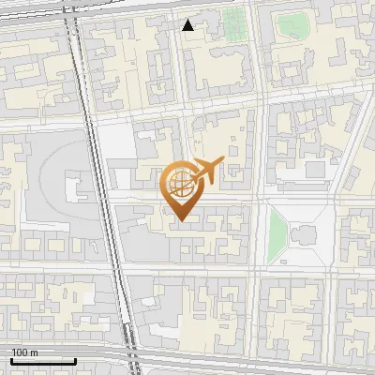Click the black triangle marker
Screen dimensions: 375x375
188,25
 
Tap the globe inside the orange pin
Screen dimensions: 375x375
179,184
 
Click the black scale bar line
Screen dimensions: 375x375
43,361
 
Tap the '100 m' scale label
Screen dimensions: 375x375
25,352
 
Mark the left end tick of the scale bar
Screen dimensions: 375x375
11,359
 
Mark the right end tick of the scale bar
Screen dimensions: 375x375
75,359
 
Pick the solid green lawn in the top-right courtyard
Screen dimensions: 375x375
292,25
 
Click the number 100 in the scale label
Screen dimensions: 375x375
21,352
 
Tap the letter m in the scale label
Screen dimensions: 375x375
35,352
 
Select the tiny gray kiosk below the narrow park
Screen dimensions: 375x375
277,271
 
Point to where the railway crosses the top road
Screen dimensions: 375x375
74,11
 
